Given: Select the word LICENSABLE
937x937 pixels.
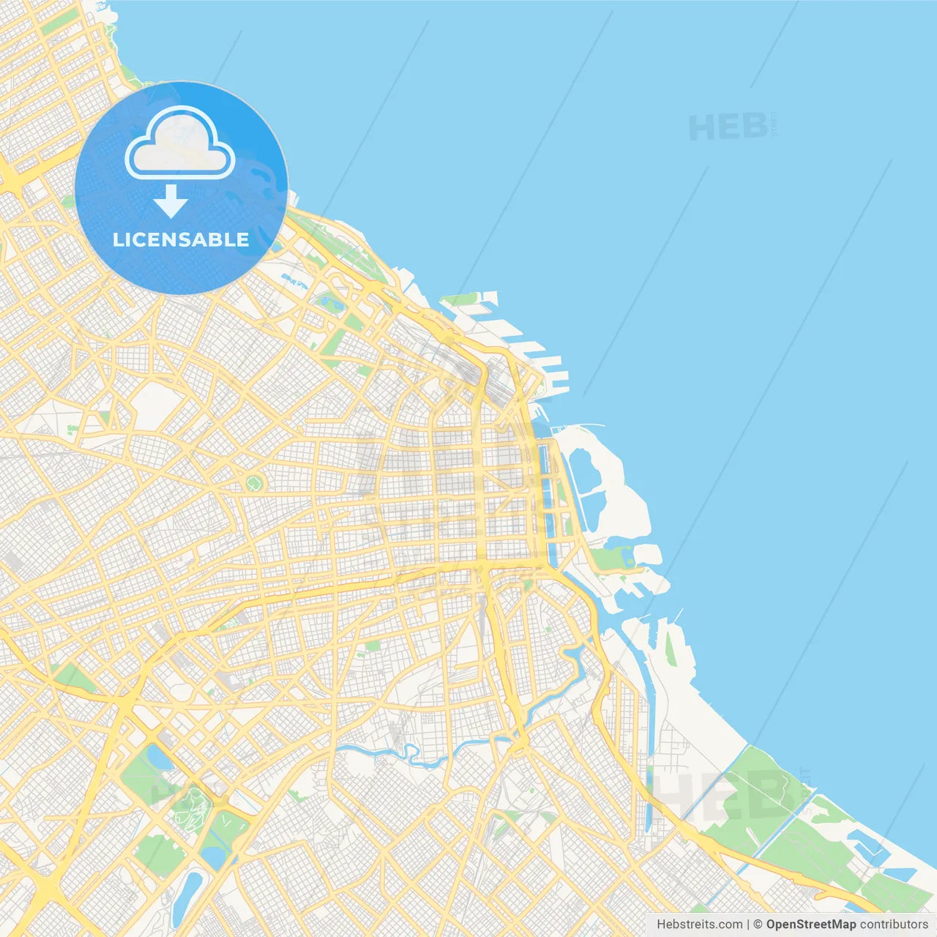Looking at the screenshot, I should pos(181,239).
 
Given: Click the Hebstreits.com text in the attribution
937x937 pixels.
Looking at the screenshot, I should pos(699,925).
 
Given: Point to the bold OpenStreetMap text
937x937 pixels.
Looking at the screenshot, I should pos(810,925).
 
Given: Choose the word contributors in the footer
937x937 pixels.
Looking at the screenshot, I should pos(894,925).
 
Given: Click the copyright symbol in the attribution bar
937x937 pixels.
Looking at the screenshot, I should pos(758,925).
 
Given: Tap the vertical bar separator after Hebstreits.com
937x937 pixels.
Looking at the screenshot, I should pos(748,925).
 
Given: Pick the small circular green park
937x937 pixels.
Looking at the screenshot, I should pos(254,482).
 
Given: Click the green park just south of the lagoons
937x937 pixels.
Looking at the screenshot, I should pos(611,559).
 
